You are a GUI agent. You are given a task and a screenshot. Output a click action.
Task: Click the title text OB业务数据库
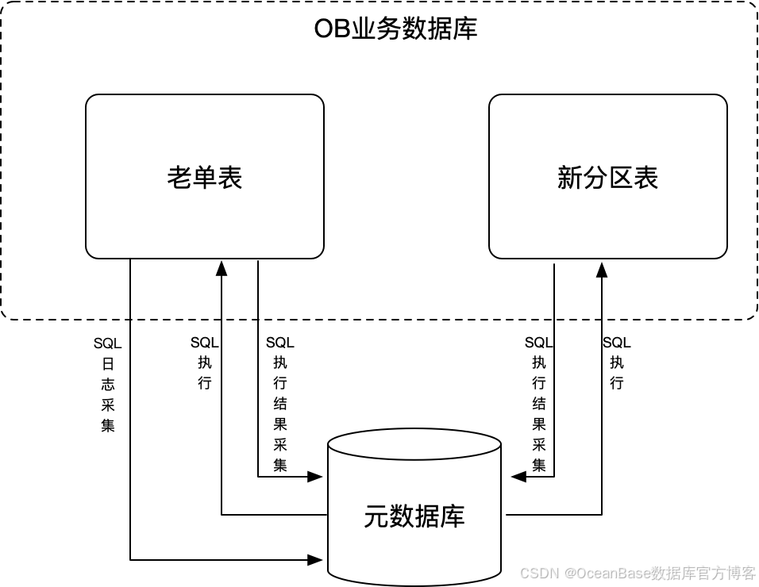click(x=395, y=30)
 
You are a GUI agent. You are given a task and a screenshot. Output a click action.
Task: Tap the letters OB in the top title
click(x=330, y=30)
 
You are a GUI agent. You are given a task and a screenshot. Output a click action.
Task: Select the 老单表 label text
click(x=205, y=177)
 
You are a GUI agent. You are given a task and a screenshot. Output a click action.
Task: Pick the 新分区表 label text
click(x=607, y=177)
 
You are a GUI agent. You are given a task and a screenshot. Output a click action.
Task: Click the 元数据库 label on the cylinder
click(x=414, y=516)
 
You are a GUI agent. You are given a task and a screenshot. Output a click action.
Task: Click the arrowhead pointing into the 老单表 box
click(x=222, y=267)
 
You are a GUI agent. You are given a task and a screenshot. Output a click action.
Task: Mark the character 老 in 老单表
click(x=179, y=177)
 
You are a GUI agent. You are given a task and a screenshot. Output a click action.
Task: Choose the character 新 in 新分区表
click(x=569, y=177)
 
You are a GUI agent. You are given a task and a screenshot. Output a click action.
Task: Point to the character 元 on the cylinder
click(x=376, y=516)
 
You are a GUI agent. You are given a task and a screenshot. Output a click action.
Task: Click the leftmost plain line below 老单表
click(x=130, y=289)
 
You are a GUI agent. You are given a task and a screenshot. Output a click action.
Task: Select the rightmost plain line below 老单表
click(x=258, y=289)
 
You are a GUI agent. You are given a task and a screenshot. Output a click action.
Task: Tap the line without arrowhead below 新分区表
click(x=554, y=290)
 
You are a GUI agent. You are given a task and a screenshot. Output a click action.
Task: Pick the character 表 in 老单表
click(x=230, y=177)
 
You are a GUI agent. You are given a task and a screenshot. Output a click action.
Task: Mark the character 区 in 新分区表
click(x=620, y=177)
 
